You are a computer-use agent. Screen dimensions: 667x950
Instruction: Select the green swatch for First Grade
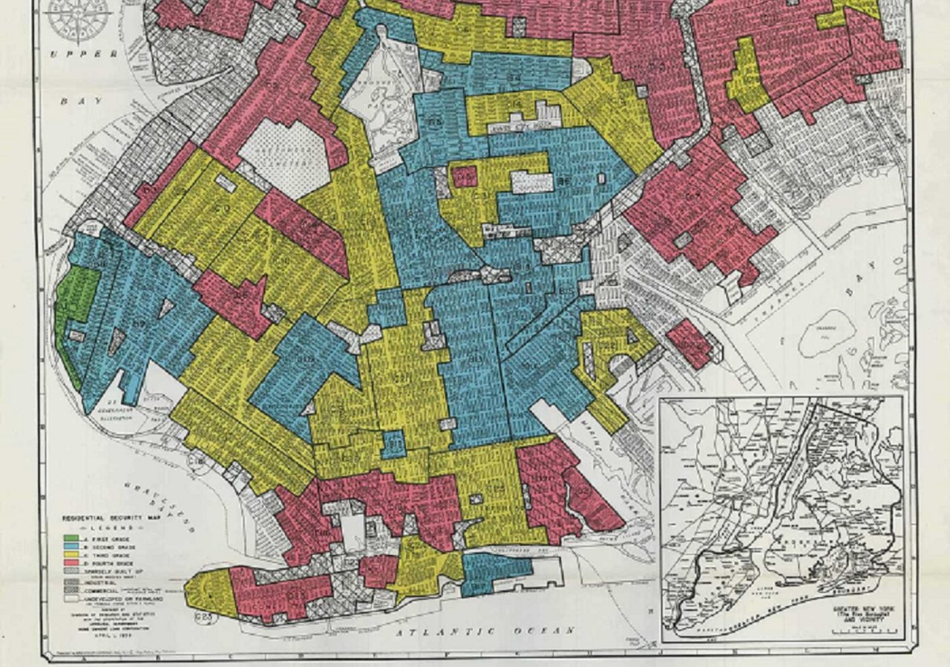[71, 538]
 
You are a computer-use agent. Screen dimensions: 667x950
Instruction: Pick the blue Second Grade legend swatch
[71, 546]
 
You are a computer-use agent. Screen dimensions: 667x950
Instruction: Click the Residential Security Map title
[111, 518]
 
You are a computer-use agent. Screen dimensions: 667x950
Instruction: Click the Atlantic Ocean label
[486, 631]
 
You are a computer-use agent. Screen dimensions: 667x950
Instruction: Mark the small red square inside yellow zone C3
[465, 177]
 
